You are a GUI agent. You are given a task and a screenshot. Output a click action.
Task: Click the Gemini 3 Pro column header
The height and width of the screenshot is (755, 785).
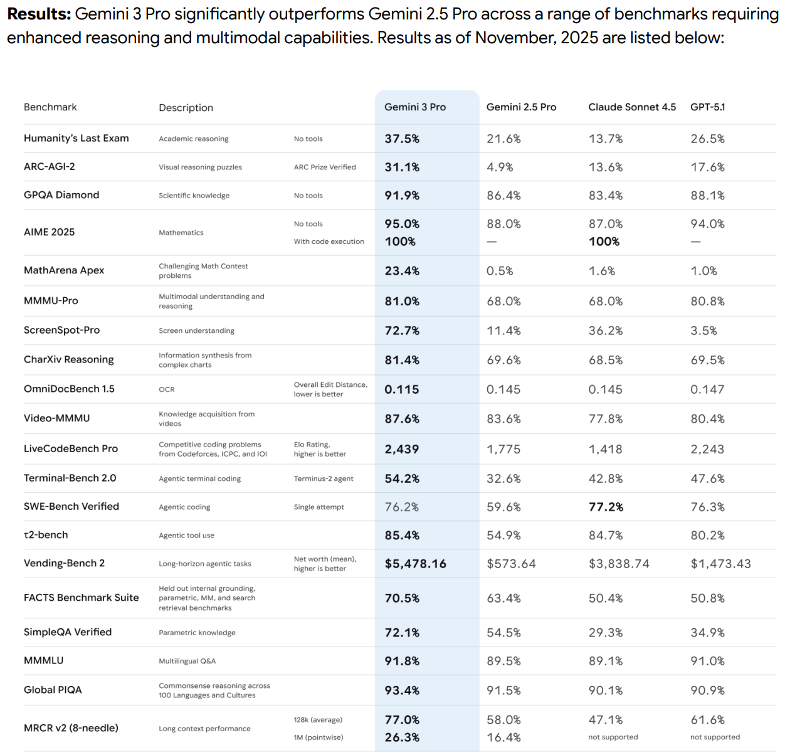click(415, 107)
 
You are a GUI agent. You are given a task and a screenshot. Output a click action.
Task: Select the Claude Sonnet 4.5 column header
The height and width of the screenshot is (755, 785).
click(632, 107)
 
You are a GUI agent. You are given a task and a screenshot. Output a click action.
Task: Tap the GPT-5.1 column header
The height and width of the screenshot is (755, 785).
click(707, 107)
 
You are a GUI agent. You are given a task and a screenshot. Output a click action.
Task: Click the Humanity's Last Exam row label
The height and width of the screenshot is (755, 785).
click(76, 139)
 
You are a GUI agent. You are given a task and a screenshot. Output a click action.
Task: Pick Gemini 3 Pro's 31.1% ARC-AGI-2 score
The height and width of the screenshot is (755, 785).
click(402, 167)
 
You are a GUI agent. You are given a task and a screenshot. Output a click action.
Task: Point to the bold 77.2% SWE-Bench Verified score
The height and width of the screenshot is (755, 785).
click(606, 507)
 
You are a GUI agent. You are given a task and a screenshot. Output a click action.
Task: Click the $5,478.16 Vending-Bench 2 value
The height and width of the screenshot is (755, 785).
click(415, 564)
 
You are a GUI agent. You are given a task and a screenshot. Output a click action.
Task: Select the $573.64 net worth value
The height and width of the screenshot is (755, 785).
click(511, 564)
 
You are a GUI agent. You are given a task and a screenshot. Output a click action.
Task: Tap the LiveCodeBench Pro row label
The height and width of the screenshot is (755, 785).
click(71, 449)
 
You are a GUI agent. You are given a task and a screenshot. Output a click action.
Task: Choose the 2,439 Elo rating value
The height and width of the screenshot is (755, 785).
click(402, 450)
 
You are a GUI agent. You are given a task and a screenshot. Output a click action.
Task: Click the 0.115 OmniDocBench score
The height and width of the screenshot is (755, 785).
click(402, 389)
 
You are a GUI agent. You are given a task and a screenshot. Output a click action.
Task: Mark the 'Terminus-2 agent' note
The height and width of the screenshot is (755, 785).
click(324, 479)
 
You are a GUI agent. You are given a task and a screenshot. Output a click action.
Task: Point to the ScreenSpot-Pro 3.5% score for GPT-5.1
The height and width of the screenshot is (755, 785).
click(703, 331)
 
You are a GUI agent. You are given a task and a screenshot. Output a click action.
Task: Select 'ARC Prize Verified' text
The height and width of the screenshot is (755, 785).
click(325, 167)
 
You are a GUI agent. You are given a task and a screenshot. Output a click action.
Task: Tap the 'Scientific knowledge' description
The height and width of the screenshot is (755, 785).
click(194, 196)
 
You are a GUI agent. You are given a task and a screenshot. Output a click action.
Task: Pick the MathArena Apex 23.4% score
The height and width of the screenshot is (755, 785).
click(402, 271)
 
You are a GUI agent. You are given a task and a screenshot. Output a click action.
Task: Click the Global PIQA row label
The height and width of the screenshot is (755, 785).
click(53, 690)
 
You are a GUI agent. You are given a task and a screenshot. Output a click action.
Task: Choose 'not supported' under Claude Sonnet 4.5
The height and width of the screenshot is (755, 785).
click(613, 737)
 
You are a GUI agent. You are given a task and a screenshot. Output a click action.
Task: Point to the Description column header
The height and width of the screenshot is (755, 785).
click(186, 108)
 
